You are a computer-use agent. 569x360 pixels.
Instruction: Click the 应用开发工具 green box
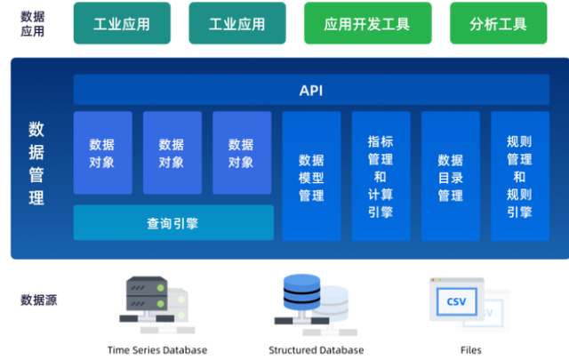click(x=367, y=23)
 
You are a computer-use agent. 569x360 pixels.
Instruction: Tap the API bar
click(x=310, y=90)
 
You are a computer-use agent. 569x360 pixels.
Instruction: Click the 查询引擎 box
click(x=173, y=223)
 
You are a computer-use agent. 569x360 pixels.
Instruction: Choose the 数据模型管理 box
click(x=311, y=176)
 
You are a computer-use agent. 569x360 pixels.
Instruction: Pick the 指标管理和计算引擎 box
click(x=381, y=176)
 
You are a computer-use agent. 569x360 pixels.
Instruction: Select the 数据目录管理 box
click(x=451, y=176)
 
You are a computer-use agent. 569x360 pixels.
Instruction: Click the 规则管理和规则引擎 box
click(x=520, y=176)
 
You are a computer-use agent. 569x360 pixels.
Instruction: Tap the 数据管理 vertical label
click(x=36, y=163)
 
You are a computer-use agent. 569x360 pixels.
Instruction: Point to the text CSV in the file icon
click(x=456, y=302)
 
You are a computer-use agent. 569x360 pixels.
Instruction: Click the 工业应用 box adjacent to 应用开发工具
click(x=236, y=23)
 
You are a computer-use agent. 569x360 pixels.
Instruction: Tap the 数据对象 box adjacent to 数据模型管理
click(x=242, y=153)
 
